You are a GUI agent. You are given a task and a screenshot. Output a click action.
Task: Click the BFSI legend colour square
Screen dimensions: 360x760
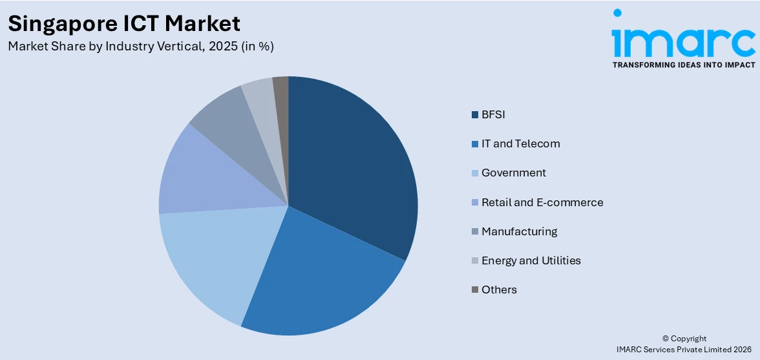475,115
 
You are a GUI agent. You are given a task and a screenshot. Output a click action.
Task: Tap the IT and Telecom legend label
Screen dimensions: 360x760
520,143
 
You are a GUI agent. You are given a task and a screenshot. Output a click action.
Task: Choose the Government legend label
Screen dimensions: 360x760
513,173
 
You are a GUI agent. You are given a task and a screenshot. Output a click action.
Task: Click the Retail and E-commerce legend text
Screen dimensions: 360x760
542,202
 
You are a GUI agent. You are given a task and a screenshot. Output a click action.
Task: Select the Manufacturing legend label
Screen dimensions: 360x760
519,231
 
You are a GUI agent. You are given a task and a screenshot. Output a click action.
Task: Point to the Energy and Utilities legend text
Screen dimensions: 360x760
531,260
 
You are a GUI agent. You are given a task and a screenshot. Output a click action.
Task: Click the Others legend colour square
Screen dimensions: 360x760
475,290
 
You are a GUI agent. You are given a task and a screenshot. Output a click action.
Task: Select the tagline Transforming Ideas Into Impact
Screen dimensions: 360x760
683,65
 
